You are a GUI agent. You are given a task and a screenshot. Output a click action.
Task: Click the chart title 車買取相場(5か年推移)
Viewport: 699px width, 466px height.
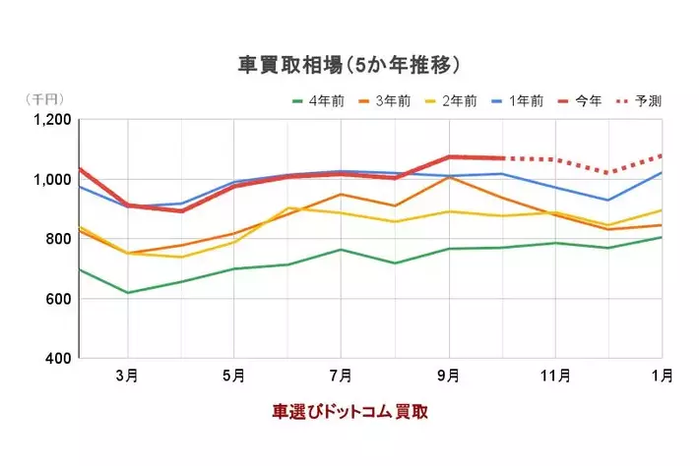(x=349, y=65)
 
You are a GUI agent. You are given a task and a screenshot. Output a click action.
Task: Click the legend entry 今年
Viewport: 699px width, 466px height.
(x=583, y=101)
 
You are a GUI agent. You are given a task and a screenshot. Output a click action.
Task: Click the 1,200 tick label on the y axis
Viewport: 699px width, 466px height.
(x=49, y=121)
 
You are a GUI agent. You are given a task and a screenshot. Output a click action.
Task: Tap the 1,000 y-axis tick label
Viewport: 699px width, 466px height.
(x=49, y=180)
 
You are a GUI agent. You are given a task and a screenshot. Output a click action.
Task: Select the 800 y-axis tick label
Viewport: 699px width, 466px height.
(x=57, y=239)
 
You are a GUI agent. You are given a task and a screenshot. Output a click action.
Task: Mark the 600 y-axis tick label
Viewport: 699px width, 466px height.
(x=57, y=299)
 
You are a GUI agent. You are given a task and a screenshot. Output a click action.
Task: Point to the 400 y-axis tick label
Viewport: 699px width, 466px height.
(x=57, y=358)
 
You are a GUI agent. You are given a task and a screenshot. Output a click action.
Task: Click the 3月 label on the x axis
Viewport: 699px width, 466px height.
(x=127, y=376)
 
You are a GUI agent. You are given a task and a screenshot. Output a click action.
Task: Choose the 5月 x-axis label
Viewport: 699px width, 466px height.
(x=233, y=376)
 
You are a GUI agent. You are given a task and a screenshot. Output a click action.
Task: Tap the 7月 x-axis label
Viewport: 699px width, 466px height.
(x=341, y=376)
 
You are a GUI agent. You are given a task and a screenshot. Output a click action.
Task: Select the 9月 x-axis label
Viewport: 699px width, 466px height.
(x=448, y=376)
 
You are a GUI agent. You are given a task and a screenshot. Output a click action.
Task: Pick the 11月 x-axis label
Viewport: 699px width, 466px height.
(x=555, y=376)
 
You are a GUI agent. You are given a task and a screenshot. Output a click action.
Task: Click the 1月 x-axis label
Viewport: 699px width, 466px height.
(x=663, y=376)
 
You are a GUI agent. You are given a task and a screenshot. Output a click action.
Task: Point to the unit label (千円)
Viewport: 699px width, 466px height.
(x=42, y=100)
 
